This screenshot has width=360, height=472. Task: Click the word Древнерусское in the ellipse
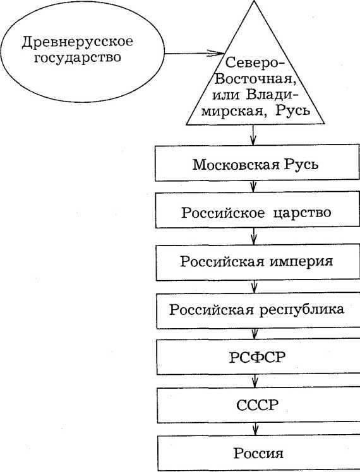[x=78, y=42]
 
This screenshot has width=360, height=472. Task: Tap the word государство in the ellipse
[x=78, y=57]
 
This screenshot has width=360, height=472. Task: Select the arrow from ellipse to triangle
[x=195, y=54]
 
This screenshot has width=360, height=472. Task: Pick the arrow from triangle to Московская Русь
[x=253, y=135]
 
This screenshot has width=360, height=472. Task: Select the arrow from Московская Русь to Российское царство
[x=253, y=187]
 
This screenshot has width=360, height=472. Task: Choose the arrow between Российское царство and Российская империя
[x=254, y=237]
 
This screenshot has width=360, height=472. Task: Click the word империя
[x=301, y=261]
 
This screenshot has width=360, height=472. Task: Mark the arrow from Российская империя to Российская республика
[x=255, y=287]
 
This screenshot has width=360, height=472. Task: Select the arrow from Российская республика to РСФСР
[x=255, y=334]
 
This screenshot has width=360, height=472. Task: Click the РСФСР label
[x=257, y=357]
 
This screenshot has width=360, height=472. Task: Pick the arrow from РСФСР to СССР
[x=255, y=381]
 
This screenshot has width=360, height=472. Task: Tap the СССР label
[x=257, y=405]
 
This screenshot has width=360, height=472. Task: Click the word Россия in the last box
[x=258, y=453]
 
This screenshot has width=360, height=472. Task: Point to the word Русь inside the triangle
[x=292, y=110]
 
